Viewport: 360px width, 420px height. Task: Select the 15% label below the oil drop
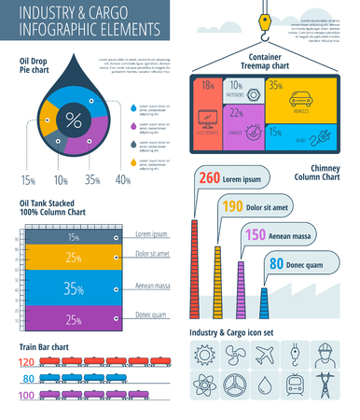(x=29, y=179)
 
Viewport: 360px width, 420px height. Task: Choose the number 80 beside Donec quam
(x=276, y=264)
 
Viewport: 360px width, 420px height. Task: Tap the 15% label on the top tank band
(x=73, y=238)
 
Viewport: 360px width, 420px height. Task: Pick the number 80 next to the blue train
(x=27, y=378)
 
